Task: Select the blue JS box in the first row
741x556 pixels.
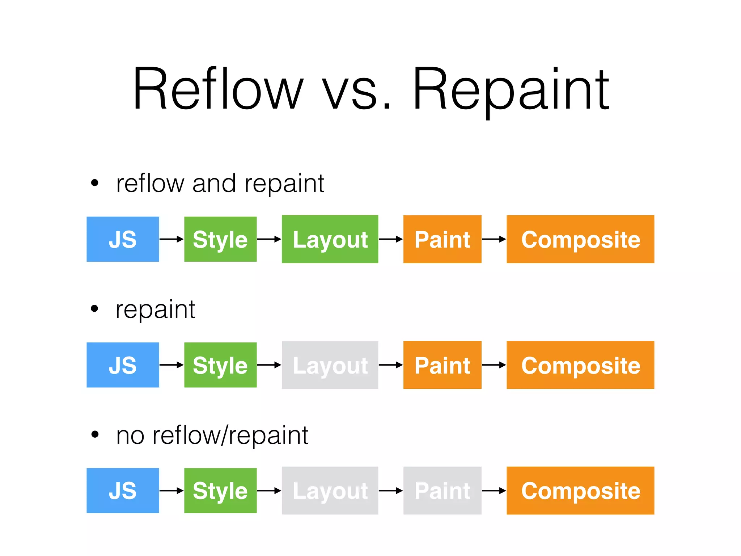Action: (x=123, y=239)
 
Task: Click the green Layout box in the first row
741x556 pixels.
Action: (x=330, y=239)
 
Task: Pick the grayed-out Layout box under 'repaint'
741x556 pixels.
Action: (x=330, y=365)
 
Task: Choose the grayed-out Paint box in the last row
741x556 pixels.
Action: (x=442, y=490)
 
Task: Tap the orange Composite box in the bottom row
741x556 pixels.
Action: (x=580, y=490)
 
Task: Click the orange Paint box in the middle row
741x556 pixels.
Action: (x=442, y=365)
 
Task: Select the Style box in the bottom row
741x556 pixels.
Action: (x=220, y=490)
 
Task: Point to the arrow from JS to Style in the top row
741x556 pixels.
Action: (x=172, y=239)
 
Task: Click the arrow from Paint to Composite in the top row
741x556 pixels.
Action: (x=494, y=239)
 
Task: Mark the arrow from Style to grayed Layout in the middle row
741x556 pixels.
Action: (x=269, y=365)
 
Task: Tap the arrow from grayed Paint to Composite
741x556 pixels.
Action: (x=494, y=490)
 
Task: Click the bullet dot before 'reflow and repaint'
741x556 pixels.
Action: (x=95, y=183)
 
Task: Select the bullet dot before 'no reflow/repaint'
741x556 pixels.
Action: (x=95, y=434)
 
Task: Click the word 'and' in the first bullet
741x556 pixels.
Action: (x=214, y=184)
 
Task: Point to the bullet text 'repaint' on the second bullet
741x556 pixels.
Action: (x=156, y=310)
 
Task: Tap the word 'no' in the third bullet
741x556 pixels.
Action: (x=130, y=436)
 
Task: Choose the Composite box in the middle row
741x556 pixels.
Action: (x=580, y=365)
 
